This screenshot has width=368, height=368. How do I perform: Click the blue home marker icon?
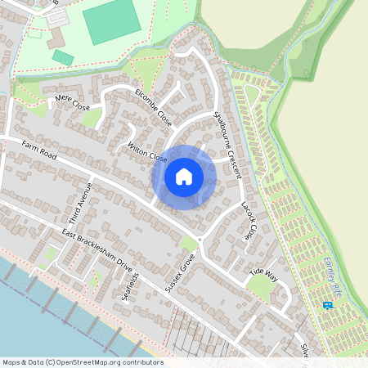184,177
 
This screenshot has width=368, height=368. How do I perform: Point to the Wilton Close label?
147,152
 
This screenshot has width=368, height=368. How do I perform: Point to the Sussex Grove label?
180,272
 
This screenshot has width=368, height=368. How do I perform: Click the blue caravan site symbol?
328,306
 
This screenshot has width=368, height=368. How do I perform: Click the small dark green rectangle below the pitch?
63,57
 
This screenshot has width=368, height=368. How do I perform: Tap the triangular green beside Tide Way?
261,285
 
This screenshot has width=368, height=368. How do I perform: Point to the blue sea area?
33,319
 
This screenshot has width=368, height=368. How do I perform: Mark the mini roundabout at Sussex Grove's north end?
200,238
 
